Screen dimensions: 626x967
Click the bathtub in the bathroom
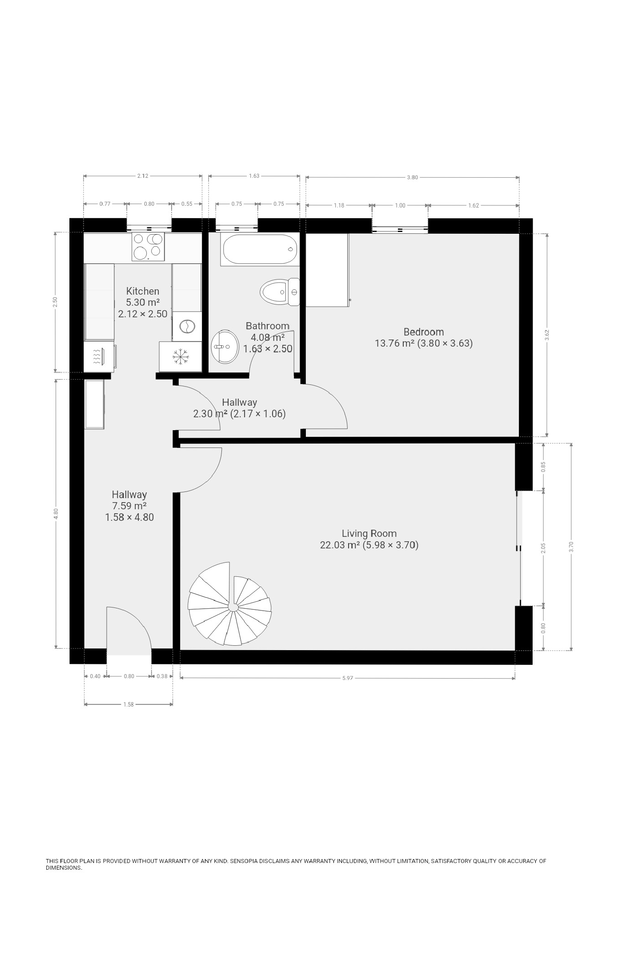[260, 249]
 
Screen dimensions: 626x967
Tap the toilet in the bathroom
[280, 292]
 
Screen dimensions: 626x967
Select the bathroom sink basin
[225, 346]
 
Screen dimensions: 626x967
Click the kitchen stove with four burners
[148, 246]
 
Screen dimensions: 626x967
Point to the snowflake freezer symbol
[181, 356]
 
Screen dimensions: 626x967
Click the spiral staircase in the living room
[229, 604]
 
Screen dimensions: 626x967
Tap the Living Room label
[369, 533]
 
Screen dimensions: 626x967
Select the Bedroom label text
[424, 332]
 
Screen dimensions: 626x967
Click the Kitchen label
[143, 291]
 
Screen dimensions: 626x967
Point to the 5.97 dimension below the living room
[348, 678]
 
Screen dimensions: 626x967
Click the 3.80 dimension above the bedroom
[413, 177]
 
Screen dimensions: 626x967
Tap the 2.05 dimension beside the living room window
[543, 548]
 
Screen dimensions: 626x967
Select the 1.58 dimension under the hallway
[128, 704]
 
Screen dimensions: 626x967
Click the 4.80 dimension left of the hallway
[56, 514]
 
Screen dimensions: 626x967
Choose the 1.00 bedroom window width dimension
[400, 205]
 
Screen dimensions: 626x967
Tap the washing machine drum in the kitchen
[187, 326]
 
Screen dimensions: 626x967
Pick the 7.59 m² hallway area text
[129, 506]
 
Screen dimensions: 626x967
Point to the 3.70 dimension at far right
[571, 547]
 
